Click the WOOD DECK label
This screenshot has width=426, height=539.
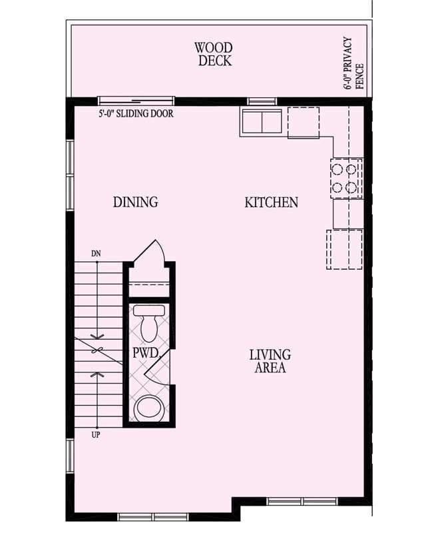214,54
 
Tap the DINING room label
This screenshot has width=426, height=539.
136,202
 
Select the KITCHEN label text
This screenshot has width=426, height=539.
271,202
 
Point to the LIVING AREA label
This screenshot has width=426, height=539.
270,361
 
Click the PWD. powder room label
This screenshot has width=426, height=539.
146,353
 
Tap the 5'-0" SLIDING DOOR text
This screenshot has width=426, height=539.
136,113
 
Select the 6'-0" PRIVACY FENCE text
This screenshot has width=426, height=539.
353,63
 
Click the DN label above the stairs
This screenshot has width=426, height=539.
97,254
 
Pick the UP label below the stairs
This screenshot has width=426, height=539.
96,435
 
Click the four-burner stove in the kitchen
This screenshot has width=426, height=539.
346,178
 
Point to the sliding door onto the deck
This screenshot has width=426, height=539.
136,101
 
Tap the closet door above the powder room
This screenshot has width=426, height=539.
150,251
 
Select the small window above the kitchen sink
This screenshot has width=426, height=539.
262,101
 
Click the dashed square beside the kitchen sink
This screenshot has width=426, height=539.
304,123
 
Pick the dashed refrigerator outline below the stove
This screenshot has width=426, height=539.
345,250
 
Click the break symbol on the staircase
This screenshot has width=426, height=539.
97,350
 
